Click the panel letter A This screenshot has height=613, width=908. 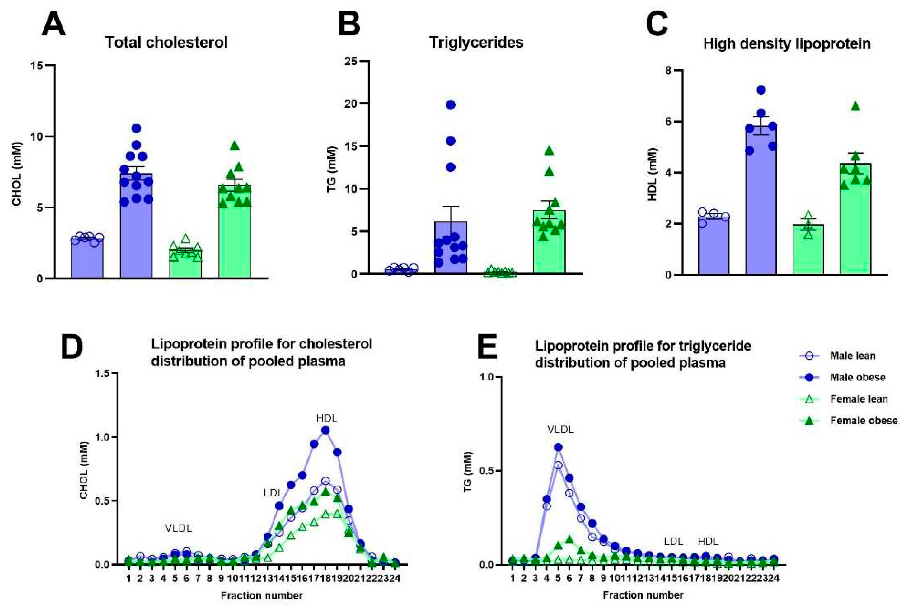click(x=54, y=24)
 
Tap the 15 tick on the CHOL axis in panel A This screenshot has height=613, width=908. click(x=37, y=65)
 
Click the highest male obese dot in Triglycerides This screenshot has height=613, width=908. click(x=451, y=105)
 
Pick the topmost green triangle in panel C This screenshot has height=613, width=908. click(x=856, y=107)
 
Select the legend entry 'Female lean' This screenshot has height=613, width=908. click(x=858, y=399)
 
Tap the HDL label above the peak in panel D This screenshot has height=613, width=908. click(x=327, y=418)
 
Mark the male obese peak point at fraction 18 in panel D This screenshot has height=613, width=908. click(x=326, y=430)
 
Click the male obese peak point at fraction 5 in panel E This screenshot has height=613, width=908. click(x=558, y=447)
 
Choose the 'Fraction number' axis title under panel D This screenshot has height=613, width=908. click(x=261, y=596)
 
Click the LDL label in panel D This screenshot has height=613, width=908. click(x=273, y=493)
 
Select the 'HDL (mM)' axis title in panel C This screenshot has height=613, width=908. click(x=653, y=175)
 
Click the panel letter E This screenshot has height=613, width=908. click(x=488, y=347)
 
